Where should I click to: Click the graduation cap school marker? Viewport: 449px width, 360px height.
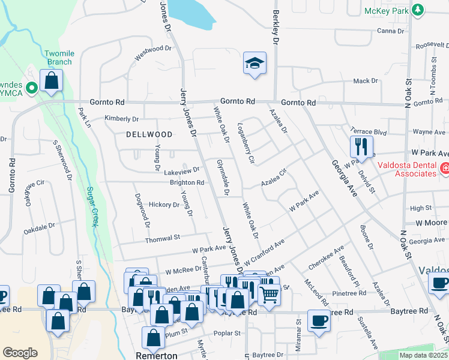point(255,63)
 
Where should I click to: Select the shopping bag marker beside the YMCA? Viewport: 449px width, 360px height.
point(52,81)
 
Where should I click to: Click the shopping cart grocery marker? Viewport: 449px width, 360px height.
point(269,295)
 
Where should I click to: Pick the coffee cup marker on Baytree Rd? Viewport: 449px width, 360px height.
point(319,319)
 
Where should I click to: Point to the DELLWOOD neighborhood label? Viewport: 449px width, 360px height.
point(149,134)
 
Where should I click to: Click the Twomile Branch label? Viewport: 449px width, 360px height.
point(58,58)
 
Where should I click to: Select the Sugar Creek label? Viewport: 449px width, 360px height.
point(93,206)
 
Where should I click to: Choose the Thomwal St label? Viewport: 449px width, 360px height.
point(163,238)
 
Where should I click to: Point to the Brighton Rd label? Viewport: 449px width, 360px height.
point(187,182)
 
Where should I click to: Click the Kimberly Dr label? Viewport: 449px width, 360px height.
point(122,119)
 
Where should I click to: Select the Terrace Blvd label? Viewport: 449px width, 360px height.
point(369,131)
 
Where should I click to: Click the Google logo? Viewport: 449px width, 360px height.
point(20,353)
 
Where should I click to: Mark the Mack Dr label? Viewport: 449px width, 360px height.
point(365,80)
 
